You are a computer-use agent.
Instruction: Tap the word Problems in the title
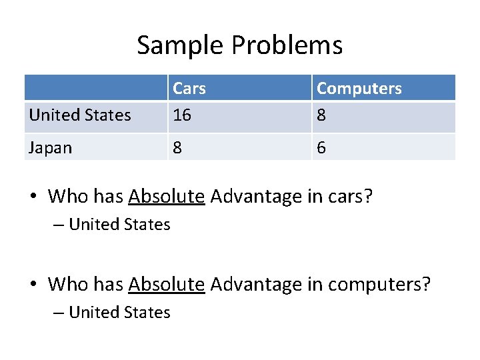287,45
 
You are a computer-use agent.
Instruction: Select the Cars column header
189,88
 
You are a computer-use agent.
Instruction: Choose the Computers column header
359,88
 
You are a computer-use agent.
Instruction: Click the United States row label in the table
80,115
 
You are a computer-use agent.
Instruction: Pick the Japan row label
50,147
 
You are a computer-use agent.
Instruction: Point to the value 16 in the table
182,115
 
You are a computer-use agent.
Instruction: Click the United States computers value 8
321,115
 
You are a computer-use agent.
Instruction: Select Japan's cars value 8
177,147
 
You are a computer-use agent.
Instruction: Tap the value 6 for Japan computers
321,147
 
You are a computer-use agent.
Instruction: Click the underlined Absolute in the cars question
166,196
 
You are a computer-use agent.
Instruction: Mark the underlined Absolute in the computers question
166,284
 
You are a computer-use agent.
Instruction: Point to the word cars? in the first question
351,196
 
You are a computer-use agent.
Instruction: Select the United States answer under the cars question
119,225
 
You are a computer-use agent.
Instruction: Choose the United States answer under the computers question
119,312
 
